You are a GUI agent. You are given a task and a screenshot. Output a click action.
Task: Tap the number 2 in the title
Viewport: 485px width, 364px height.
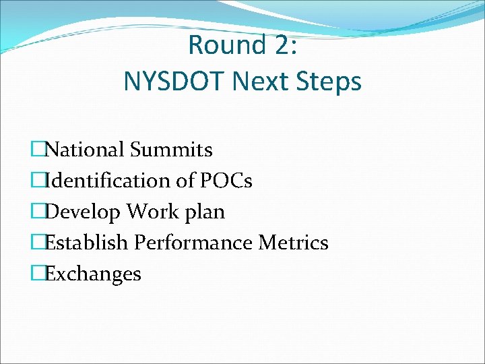pyautogui.click(x=276, y=45)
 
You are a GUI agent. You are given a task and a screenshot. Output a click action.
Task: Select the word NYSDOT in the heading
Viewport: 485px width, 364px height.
pyautogui.click(x=174, y=82)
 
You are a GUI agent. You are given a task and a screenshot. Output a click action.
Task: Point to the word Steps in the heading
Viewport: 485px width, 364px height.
pyautogui.click(x=331, y=83)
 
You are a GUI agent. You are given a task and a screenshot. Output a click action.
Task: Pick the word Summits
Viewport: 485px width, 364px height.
pyautogui.click(x=171, y=150)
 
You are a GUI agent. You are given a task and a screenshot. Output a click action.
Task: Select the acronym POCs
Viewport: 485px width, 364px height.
pyautogui.click(x=226, y=181)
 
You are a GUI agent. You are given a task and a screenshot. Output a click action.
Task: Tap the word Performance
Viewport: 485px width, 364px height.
pyautogui.click(x=195, y=243)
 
